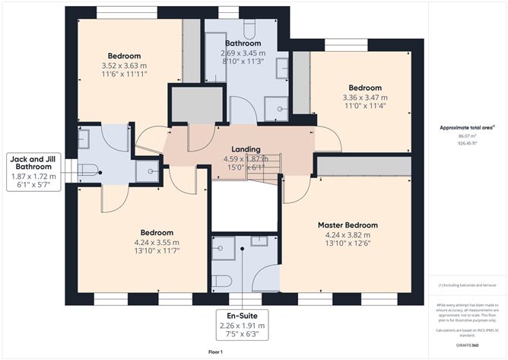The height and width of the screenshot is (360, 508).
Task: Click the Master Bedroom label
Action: pyautogui.click(x=351, y=225)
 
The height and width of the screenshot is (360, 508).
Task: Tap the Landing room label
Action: pyautogui.click(x=246, y=149)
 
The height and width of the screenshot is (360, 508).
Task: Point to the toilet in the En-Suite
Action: pyautogui.click(x=221, y=281)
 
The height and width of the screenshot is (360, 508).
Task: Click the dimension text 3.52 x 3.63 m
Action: pyautogui.click(x=124, y=66)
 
